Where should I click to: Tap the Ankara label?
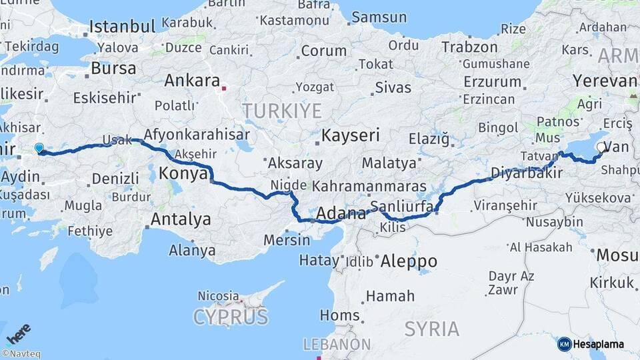click(x=192, y=81)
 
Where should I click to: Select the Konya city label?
click(x=183, y=175)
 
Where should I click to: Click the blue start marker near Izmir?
click(x=39, y=149)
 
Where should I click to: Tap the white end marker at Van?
click(x=603, y=148)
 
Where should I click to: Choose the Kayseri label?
click(x=350, y=136)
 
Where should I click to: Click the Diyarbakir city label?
click(x=523, y=173)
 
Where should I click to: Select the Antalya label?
click(x=181, y=219)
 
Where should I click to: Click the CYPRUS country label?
click(x=231, y=317)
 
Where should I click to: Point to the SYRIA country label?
click(x=432, y=329)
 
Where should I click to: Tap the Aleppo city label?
click(x=408, y=261)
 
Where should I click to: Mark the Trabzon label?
click(x=470, y=47)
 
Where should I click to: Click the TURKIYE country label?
click(x=281, y=110)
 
